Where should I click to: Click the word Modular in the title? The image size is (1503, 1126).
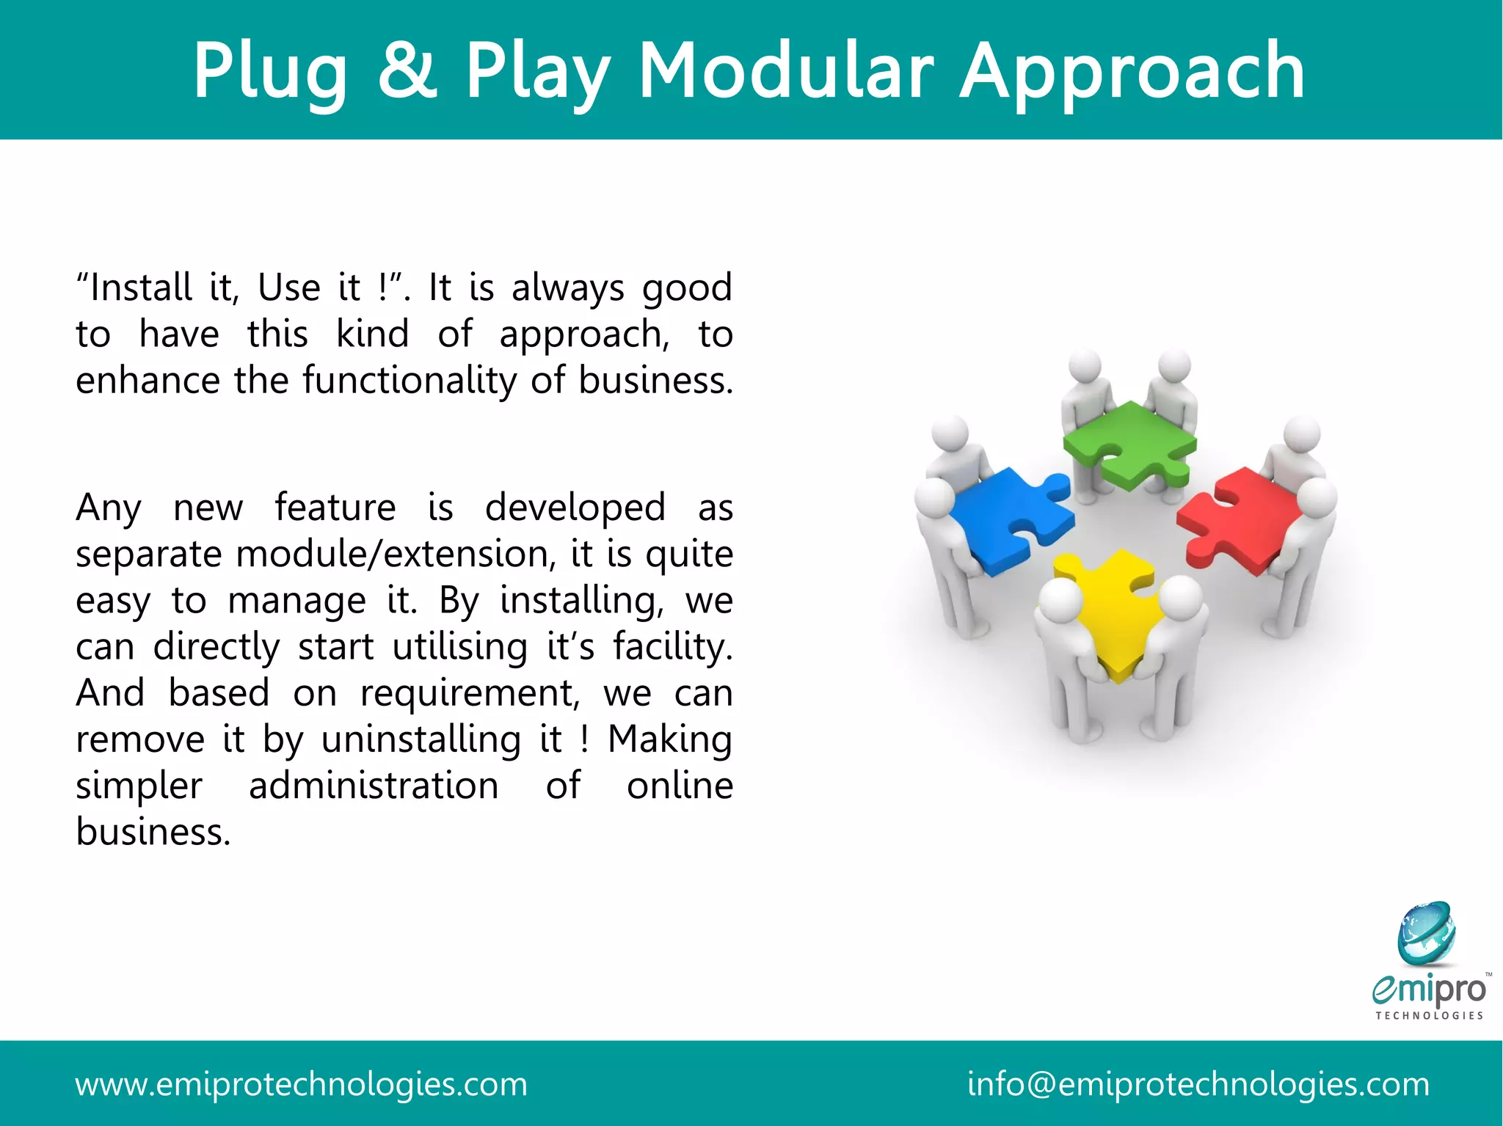pos(786,71)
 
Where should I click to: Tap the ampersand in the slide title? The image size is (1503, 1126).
pos(407,71)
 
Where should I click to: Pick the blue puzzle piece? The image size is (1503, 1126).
pos(1009,517)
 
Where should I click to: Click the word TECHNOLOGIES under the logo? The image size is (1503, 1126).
pos(1430,1016)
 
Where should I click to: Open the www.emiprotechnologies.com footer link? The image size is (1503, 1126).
pos(301,1084)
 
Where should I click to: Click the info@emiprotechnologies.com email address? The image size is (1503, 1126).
pos(1198,1084)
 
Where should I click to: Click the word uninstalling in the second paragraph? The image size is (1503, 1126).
pos(421,739)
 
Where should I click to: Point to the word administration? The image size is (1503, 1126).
pos(374,786)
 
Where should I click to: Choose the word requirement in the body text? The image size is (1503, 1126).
pos(470,694)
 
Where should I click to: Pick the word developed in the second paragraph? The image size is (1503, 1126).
pos(575,508)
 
